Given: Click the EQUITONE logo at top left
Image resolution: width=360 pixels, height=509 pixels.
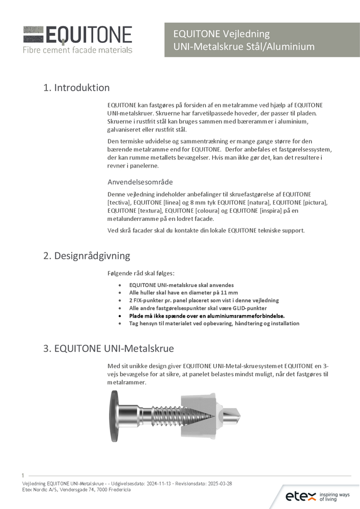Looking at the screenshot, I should click(77, 35).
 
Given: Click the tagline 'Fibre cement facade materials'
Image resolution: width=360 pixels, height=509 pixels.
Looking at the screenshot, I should click(77, 50).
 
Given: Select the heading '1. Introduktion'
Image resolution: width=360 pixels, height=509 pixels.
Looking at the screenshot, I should click(76, 88).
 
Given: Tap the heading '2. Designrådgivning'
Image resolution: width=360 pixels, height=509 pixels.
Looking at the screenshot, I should click(87, 256).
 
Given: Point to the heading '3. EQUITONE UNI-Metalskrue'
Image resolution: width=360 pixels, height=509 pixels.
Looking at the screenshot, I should click(108, 349).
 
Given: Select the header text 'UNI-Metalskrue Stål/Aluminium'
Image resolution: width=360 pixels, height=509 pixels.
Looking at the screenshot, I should click(244, 47).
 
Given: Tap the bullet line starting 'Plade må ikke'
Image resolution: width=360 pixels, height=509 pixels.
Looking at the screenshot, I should click(207, 316).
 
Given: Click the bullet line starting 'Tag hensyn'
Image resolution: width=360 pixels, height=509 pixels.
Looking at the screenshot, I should click(214, 323).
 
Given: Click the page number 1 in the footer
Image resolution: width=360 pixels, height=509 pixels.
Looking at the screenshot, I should click(23, 475).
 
